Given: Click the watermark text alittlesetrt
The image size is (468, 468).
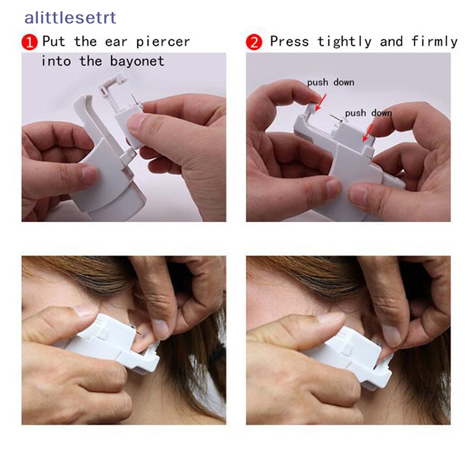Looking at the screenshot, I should pyautogui.click(x=70, y=18).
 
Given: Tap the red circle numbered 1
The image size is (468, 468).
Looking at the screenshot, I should pyautogui.click(x=30, y=42).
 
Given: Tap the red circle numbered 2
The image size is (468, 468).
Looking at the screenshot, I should pyautogui.click(x=254, y=42).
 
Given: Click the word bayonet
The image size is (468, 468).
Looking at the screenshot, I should pyautogui.click(x=137, y=61).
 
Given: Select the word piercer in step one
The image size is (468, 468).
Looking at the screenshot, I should pyautogui.click(x=163, y=42).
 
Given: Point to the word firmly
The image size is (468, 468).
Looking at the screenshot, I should pyautogui.click(x=434, y=42).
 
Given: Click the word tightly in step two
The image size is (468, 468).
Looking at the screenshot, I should pyautogui.click(x=345, y=42).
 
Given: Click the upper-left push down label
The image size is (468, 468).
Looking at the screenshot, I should pyautogui.click(x=331, y=82).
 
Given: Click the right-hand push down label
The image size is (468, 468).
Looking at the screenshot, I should pyautogui.click(x=369, y=113).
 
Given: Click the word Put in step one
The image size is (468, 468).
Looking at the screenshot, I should pyautogui.click(x=54, y=42).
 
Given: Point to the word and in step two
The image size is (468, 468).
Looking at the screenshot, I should pyautogui.click(x=391, y=42).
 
